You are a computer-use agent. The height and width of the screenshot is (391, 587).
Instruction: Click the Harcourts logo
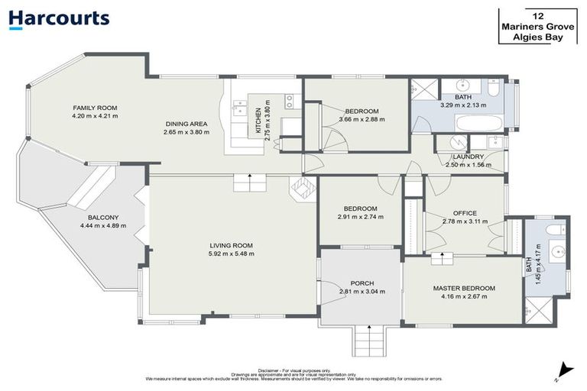pyautogui.click(x=59, y=19)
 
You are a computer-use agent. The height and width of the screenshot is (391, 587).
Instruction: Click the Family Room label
pyautogui.click(x=95, y=108)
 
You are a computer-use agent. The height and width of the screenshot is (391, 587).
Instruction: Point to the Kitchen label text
pyautogui.click(x=259, y=121)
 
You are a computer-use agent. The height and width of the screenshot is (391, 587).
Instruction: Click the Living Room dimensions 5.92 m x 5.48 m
pyautogui.click(x=232, y=254)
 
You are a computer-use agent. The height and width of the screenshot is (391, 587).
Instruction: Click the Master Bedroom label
pyautogui.click(x=464, y=288)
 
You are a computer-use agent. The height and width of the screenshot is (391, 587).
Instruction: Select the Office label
pyautogui.click(x=465, y=213)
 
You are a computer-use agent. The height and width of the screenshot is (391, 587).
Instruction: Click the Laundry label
pyautogui.click(x=463, y=157)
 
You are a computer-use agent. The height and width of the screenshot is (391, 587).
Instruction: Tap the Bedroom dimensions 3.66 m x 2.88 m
pyautogui.click(x=362, y=119)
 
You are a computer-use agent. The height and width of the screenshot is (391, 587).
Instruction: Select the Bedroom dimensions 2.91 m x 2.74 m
pyautogui.click(x=360, y=217)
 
